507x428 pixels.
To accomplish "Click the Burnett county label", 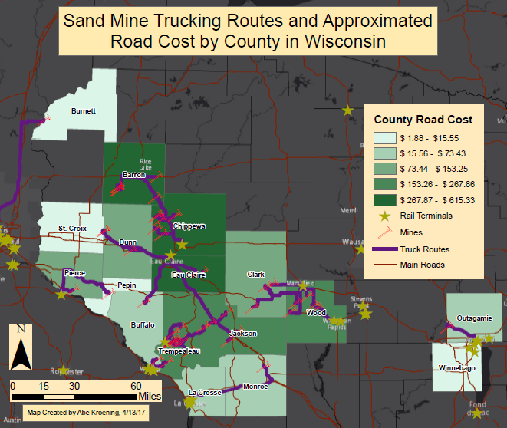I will (83, 111).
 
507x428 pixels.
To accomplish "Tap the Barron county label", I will (133, 175).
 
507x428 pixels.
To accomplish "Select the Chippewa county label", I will (189, 226).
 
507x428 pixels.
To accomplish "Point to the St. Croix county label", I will (72, 228).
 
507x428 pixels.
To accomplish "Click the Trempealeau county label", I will (178, 351).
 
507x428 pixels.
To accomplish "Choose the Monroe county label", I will (255, 386).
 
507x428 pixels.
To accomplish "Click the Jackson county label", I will (242, 334).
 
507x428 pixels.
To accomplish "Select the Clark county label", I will (255, 274).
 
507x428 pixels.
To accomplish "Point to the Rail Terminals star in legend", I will (384, 216).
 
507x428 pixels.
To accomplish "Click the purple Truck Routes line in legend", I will (384, 249).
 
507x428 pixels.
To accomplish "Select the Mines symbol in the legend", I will (384, 232).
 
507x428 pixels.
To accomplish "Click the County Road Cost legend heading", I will (423, 120).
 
